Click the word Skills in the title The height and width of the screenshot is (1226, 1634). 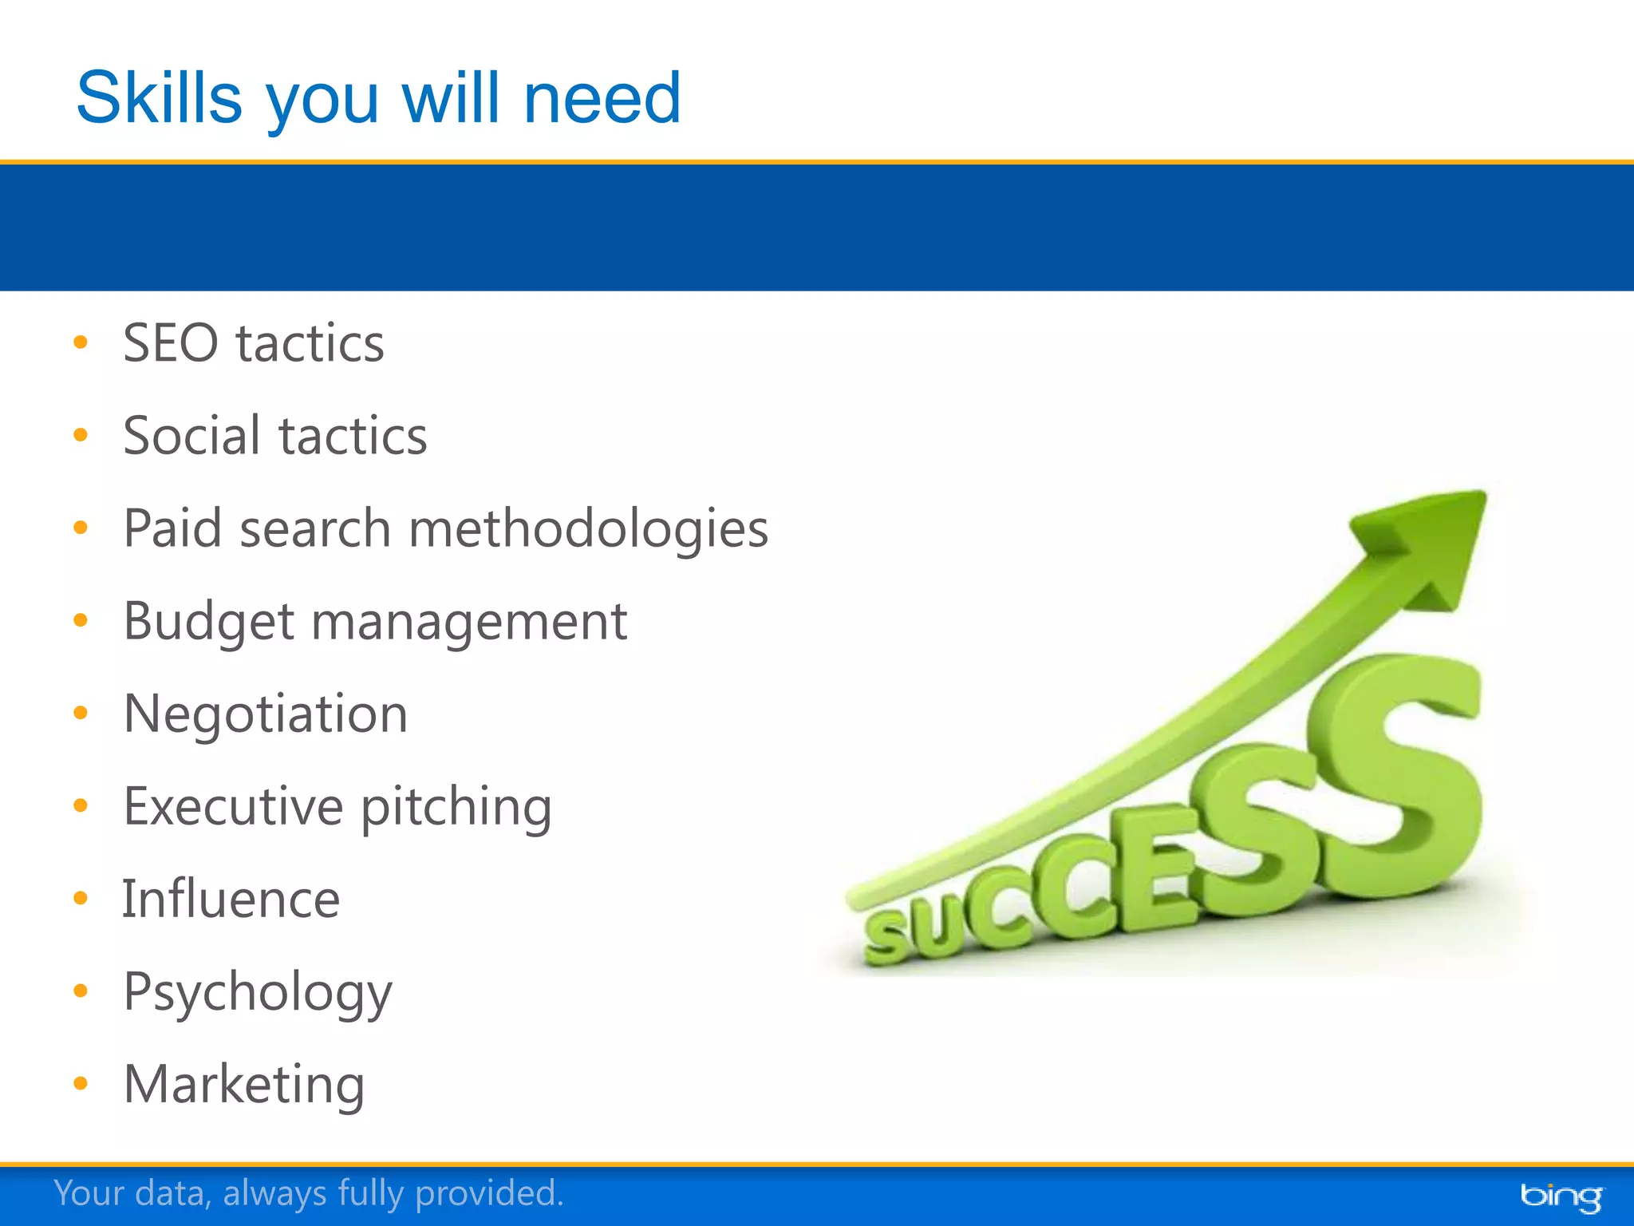pos(159,99)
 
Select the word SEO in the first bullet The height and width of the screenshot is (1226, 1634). pos(170,343)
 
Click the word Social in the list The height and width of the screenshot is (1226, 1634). pos(191,436)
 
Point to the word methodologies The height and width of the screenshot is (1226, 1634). pos(588,529)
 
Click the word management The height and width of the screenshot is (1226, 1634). pos(468,622)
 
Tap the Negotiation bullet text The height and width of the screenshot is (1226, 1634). pos(266,714)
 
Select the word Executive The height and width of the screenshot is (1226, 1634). pos(233,806)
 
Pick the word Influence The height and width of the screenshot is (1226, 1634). pos(231,900)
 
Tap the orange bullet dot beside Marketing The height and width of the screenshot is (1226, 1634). pos(80,1083)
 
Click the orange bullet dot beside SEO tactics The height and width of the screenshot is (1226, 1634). pos(80,342)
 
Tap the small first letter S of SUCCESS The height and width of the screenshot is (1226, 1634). pos(887,939)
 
